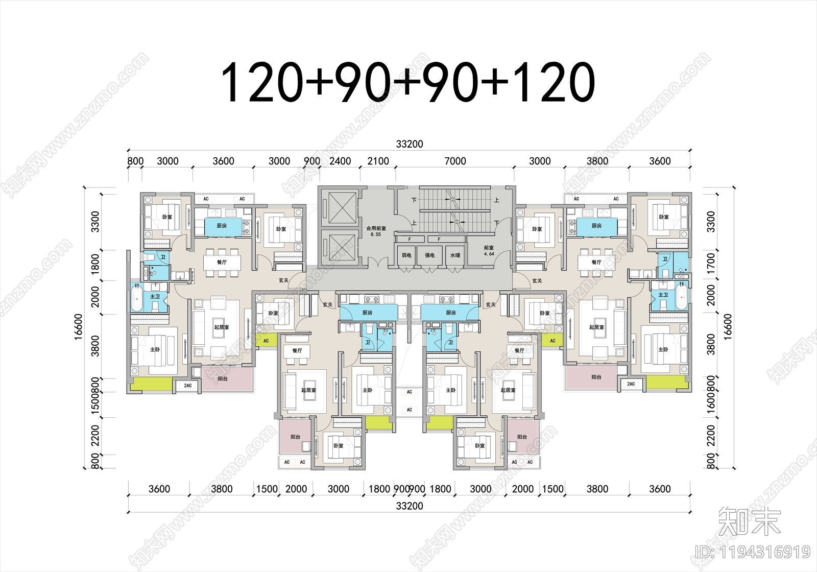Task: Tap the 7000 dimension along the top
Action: [x=455, y=161]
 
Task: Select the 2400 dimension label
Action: [x=340, y=161]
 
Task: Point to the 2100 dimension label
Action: [x=378, y=161]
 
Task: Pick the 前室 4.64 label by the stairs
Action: [x=489, y=250]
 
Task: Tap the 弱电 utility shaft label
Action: [x=406, y=255]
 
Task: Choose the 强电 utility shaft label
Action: [x=429, y=255]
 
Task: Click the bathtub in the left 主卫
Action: [x=137, y=298]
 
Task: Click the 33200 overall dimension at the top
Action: [x=409, y=145]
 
